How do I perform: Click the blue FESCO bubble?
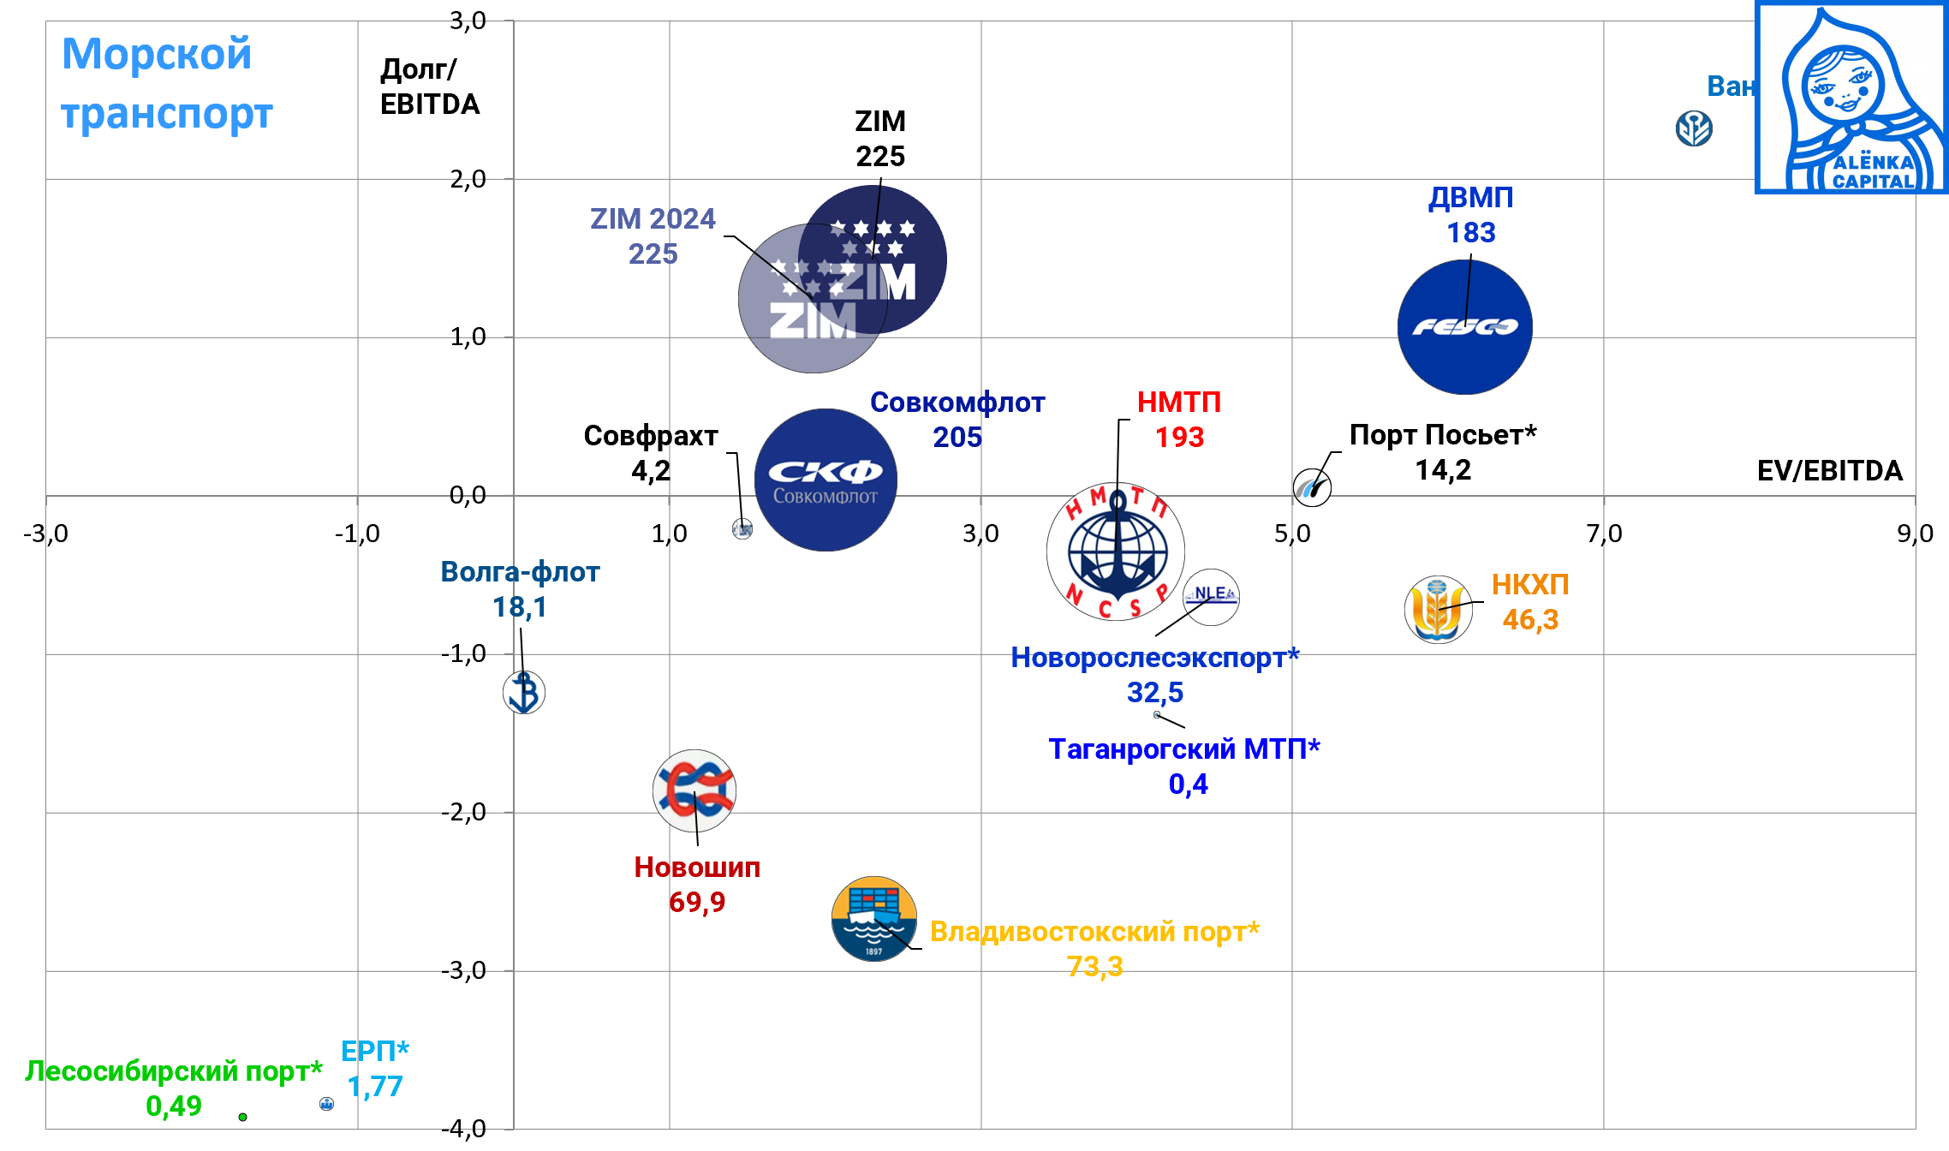tap(1464, 327)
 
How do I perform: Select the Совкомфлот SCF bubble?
tap(825, 480)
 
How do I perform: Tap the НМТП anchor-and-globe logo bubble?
tap(1116, 552)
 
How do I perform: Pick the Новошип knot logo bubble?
tap(694, 790)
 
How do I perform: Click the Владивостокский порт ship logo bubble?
tap(873, 919)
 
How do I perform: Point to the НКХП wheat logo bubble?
tap(1438, 610)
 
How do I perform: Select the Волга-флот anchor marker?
tap(524, 692)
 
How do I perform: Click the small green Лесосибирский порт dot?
tap(243, 1117)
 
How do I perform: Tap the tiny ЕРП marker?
tap(326, 1104)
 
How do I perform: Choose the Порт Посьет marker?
tap(1312, 487)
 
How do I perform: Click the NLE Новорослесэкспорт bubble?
tap(1211, 596)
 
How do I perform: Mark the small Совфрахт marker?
tap(742, 528)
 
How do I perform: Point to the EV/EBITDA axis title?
tap(1829, 471)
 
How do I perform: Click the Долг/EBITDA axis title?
tap(429, 86)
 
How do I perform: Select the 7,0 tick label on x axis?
tap(1604, 534)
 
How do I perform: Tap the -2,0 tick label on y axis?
tap(463, 812)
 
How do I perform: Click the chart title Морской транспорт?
tap(166, 83)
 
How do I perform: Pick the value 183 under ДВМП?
tap(1470, 233)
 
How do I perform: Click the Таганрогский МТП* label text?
tap(1184, 749)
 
